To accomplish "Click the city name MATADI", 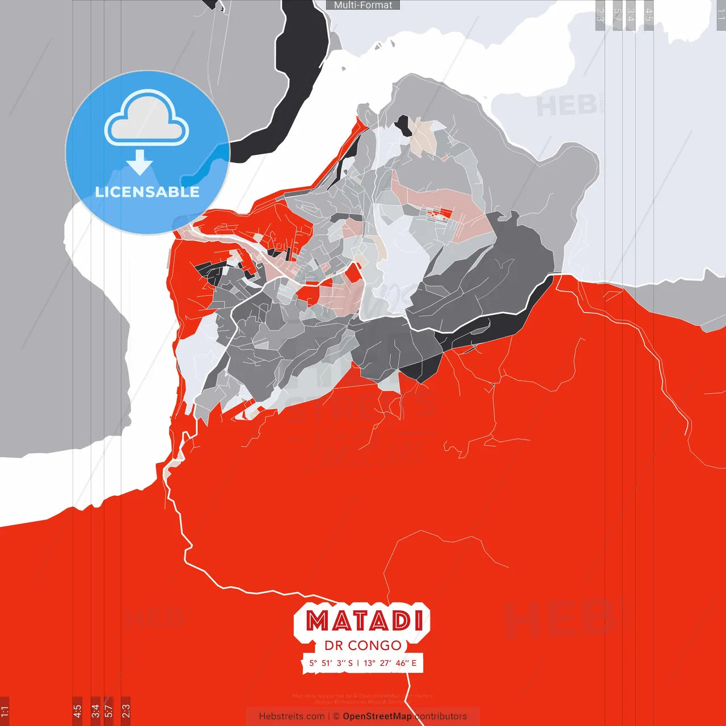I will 364,621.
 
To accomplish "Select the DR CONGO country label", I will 363,645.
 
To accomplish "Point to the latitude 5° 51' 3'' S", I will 331,662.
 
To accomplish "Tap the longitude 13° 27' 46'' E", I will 390,662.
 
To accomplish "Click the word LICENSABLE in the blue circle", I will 147,192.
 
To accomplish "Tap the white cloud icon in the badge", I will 147,120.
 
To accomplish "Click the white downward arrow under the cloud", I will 140,163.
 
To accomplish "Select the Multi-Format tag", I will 363,5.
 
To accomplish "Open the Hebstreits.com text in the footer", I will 292,716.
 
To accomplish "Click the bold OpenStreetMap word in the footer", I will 377,716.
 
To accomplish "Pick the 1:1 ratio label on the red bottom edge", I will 5,711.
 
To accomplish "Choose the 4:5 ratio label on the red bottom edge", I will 77,711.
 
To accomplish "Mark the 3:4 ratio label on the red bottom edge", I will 95,711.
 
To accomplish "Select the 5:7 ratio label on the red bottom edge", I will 109,711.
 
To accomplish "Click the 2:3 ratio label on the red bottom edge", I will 126,711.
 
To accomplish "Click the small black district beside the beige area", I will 404,125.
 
